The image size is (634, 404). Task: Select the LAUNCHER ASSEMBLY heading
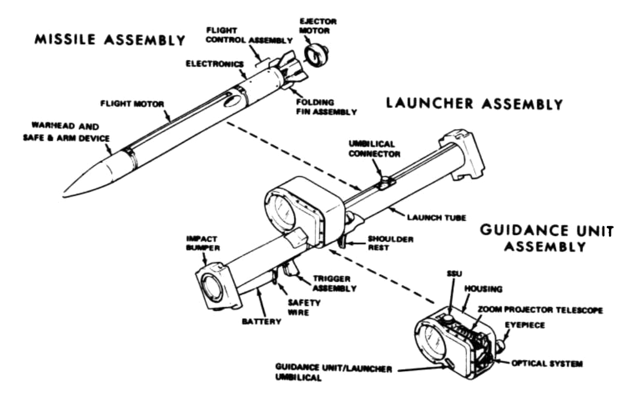(474, 105)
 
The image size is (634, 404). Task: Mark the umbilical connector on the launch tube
(385, 183)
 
